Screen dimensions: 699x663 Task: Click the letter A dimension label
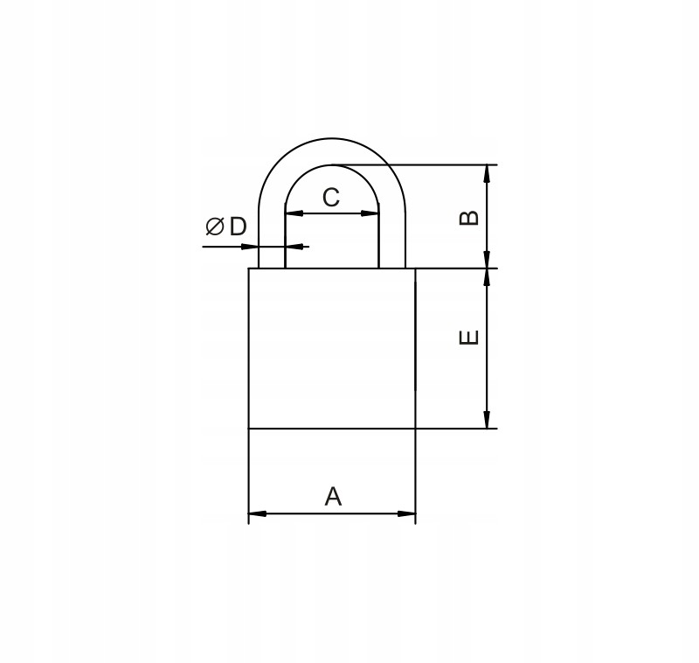333,497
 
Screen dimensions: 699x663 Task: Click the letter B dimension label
468,217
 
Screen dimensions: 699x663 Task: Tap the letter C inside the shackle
331,198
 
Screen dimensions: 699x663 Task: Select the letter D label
238,227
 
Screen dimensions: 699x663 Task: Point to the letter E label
468,338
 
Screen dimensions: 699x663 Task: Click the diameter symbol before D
214,227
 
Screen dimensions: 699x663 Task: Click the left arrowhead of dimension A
257,514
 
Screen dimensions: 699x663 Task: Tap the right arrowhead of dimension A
406,514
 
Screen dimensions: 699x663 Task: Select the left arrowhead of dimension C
294,213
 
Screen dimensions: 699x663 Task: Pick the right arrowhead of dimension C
370,213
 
